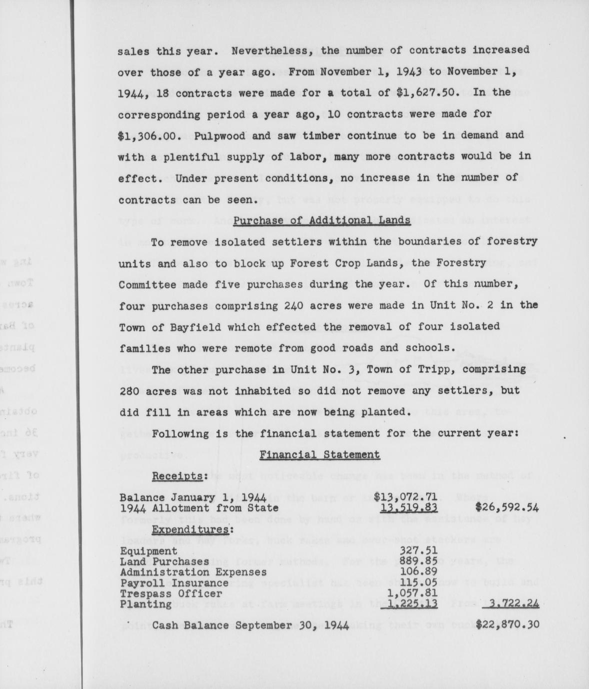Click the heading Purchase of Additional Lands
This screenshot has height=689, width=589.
tap(322, 221)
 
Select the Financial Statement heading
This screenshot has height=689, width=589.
tap(319, 455)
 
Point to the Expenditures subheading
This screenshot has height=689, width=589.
tap(192, 530)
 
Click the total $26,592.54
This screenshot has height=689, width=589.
tap(507, 508)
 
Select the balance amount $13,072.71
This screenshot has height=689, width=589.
tap(406, 497)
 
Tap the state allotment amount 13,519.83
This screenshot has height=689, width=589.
tap(409, 508)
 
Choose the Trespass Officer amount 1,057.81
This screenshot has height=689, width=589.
tap(412, 593)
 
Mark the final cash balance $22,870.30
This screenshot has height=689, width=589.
tap(507, 624)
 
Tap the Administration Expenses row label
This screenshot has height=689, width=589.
tap(193, 572)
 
